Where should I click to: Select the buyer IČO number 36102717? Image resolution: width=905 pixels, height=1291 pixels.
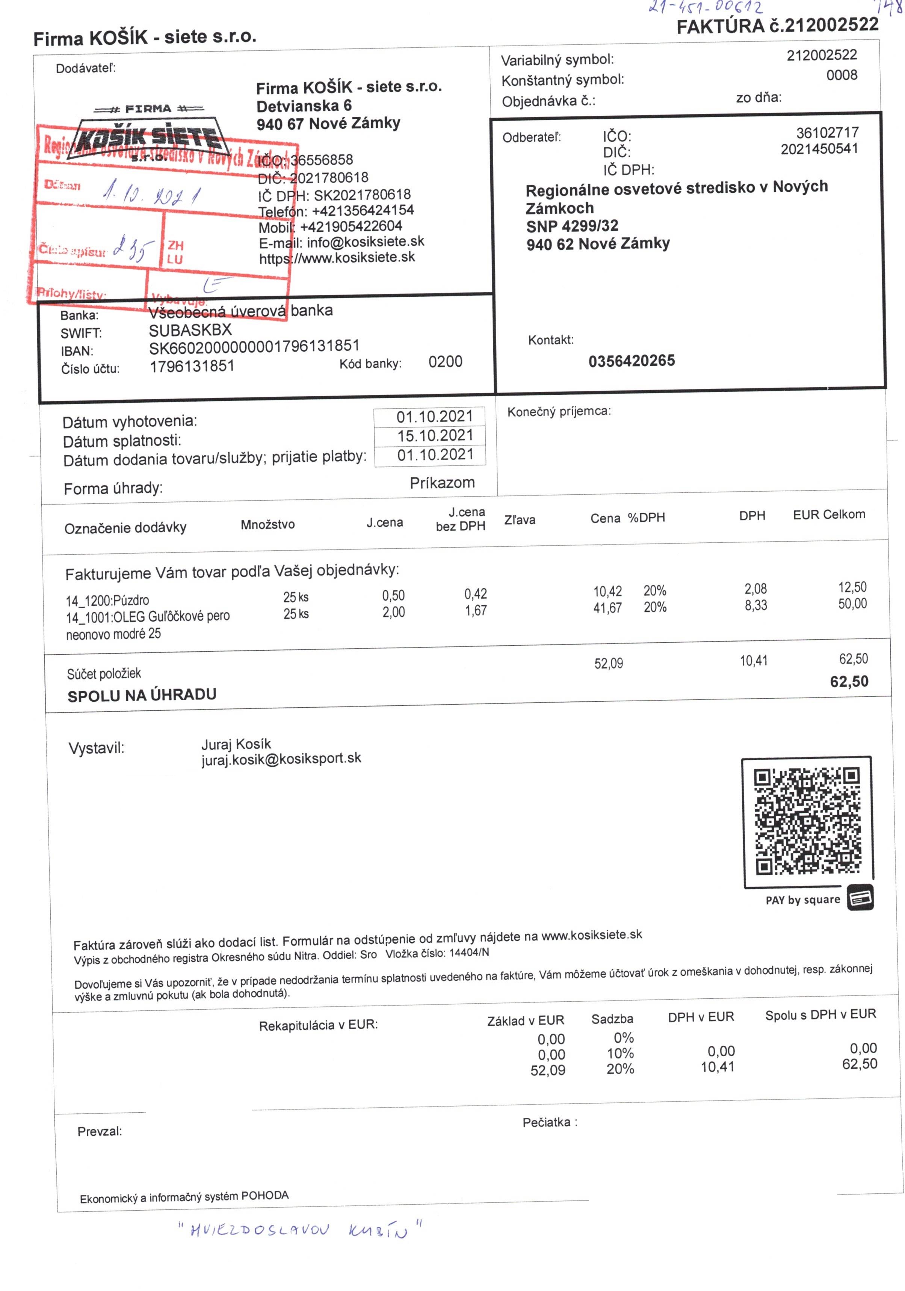pos(827,133)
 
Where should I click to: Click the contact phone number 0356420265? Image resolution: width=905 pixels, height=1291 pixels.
pos(631,361)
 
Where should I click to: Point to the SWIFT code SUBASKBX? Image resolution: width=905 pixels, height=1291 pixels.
pos(190,330)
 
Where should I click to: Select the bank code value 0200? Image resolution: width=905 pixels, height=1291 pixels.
pos(445,362)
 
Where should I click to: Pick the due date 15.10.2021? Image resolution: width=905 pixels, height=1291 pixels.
pos(435,435)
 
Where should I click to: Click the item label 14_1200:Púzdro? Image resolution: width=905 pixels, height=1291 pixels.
pos(107,600)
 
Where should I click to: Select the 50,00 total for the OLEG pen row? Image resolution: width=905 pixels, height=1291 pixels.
pos(852,604)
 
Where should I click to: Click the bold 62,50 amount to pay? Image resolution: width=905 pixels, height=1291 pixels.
pos(848,681)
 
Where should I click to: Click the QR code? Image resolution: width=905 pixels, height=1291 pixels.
pos(807,821)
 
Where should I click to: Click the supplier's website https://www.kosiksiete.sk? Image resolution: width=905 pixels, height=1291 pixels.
pos(337,258)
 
